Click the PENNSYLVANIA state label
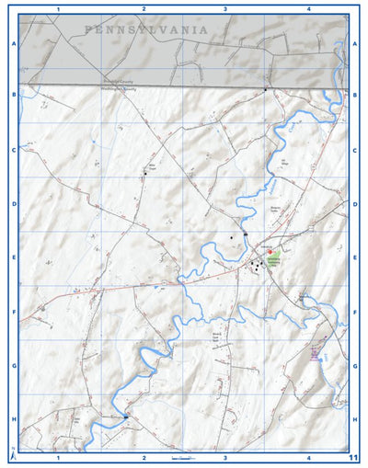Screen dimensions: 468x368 pos(145,29)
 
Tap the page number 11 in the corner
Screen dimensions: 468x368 pos(354,456)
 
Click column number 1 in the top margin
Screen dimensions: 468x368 pos(58,8)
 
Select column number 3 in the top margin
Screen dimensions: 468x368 pos(225,8)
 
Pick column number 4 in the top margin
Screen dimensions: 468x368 pos(309,8)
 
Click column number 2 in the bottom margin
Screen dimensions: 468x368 pos(144,457)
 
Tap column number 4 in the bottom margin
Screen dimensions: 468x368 pos(309,457)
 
